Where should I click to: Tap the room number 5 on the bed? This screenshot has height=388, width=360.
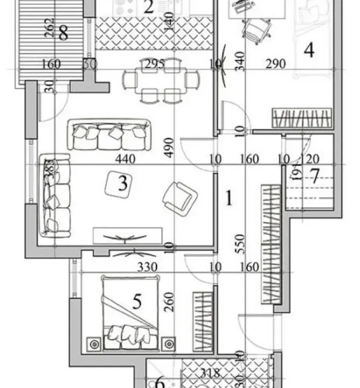(x=136, y=302)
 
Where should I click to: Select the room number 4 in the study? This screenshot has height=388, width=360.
(x=309, y=50)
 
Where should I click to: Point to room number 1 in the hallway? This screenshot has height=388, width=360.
(x=229, y=198)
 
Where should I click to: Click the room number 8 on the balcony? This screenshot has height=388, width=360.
(x=63, y=34)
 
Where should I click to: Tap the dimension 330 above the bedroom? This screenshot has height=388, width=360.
(x=146, y=267)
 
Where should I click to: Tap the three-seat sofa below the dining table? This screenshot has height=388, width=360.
(x=109, y=134)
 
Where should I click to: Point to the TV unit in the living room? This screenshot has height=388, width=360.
(x=127, y=235)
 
